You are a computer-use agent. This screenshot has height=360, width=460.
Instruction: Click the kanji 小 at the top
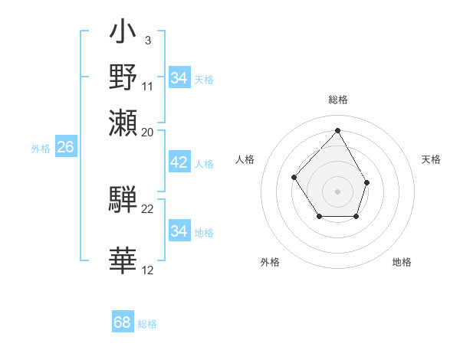click(123, 34)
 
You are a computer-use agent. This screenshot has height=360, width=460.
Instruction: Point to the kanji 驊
click(123, 198)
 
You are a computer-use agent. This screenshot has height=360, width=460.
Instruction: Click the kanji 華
click(123, 260)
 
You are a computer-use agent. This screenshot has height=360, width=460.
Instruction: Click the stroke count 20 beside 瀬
click(148, 132)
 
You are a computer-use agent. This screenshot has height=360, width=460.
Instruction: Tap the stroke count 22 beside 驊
click(148, 208)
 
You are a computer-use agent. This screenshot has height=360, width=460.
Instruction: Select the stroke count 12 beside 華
click(148, 270)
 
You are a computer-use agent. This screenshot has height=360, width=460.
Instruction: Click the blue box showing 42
click(179, 162)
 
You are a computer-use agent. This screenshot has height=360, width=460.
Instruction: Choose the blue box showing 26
click(65, 148)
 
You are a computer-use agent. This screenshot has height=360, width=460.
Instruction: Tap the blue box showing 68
click(123, 322)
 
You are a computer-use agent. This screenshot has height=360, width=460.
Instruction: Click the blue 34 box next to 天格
click(179, 78)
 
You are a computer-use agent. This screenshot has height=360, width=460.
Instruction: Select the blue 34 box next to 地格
click(179, 231)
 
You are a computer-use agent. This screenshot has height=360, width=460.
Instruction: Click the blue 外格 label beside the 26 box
click(41, 149)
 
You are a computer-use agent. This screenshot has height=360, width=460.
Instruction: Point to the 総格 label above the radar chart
click(337, 100)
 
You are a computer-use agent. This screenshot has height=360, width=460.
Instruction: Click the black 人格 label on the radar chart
click(245, 159)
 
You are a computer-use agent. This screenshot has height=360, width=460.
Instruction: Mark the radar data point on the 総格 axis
click(337, 130)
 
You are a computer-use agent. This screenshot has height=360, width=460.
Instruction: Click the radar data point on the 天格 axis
click(367, 182)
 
